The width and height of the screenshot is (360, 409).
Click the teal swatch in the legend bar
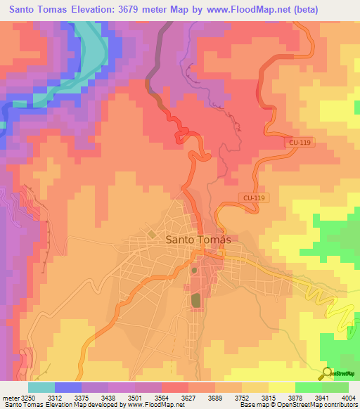click(41, 387)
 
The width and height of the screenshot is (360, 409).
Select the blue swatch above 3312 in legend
click(67, 387)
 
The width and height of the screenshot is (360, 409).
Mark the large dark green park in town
click(195, 300)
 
